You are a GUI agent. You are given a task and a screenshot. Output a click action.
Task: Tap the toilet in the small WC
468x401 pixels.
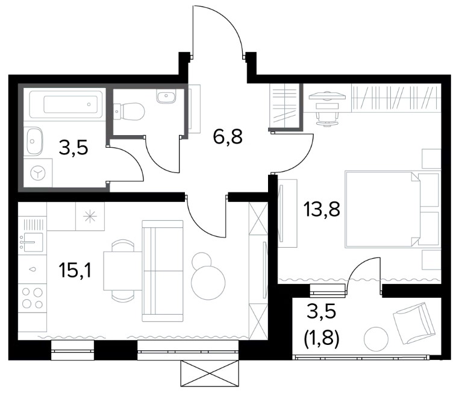tap(129, 112)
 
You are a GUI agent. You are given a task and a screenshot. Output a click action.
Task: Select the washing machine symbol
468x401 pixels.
tap(38, 173)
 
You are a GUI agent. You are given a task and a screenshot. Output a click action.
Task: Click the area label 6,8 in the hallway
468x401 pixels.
tap(228, 136)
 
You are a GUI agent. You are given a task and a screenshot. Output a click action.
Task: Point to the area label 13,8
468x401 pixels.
tap(322, 209)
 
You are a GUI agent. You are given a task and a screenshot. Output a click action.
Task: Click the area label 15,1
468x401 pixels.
tap(76, 270)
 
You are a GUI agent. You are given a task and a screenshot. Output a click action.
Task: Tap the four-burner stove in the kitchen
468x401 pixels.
tap(33, 298)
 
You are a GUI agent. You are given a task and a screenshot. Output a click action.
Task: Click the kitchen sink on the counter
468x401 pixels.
tap(31, 241)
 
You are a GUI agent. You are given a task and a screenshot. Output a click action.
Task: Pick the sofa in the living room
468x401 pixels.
tap(163, 271)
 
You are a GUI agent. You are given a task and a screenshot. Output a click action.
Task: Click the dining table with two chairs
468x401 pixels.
tap(123, 270)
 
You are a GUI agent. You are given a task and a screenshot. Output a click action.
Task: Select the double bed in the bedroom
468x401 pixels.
tap(393, 209)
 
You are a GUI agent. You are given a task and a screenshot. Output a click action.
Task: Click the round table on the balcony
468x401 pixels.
tap(376, 339)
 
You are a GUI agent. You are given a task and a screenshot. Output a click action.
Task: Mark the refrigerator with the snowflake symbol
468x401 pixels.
tap(90, 216)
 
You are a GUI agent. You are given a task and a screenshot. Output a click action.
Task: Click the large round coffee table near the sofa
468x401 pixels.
tap(208, 282)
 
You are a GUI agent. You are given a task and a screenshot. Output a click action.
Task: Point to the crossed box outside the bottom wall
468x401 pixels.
tap(210, 373)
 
